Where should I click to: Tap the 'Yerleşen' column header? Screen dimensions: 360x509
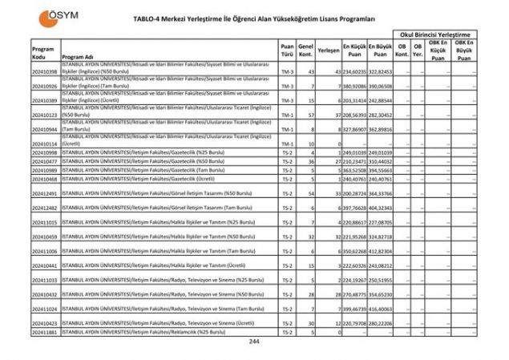pyautogui.click(x=327, y=50)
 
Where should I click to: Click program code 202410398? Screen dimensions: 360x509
pyautogui.click(x=45, y=71)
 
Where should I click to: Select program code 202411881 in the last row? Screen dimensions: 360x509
pyautogui.click(x=45, y=332)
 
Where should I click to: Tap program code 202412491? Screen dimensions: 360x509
pyautogui.click(x=45, y=194)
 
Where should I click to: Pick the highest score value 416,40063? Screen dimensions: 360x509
pyautogui.click(x=380, y=308)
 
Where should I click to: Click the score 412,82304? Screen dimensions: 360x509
pyautogui.click(x=380, y=251)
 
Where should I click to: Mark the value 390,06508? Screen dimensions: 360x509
pyautogui.click(x=380, y=86)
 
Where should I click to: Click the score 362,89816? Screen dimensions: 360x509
pyautogui.click(x=380, y=128)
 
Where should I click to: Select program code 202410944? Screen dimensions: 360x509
pyautogui.click(x=45, y=128)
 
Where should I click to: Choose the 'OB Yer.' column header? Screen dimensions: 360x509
pyautogui.click(x=417, y=50)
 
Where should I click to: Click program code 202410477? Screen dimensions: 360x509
pyautogui.click(x=45, y=161)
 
